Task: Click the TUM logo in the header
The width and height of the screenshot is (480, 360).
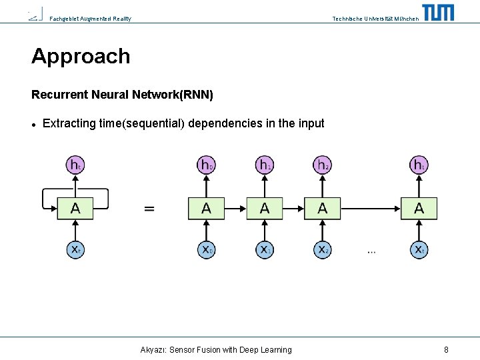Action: coord(438,13)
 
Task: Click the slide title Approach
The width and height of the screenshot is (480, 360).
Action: coord(81,56)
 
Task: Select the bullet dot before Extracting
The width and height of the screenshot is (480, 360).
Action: coord(33,124)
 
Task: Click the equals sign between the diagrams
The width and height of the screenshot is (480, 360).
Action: coord(150,209)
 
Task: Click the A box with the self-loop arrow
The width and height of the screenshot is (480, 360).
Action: coord(75,208)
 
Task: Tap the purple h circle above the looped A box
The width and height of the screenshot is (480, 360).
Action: coord(75,165)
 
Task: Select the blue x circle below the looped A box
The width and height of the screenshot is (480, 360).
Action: coord(75,249)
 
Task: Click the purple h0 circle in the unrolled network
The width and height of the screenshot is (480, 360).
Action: coord(207,165)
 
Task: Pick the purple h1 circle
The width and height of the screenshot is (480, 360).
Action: coord(265,165)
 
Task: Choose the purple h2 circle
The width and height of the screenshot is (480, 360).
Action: coord(323,165)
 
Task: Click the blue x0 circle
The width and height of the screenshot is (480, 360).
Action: coord(207,249)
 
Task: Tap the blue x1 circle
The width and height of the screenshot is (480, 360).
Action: coord(265,249)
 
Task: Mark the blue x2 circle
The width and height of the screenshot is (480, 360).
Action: coord(323,249)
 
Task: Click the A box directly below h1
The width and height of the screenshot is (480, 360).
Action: coord(265,208)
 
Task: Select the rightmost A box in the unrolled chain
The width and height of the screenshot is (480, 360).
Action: coord(419,208)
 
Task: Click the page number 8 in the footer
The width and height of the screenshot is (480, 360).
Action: coord(446,349)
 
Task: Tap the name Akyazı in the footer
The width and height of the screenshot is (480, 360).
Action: coord(153,349)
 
